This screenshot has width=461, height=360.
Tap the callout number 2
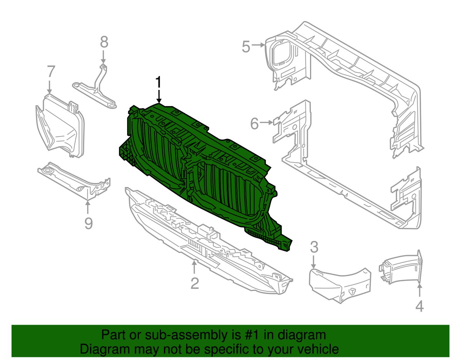[194, 283]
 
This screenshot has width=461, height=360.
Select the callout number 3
[314, 247]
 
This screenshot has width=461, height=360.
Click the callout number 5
[246, 47]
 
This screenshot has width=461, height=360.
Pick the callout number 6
[255, 124]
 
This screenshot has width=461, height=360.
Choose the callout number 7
[51, 71]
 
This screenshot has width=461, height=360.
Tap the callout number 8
[104, 42]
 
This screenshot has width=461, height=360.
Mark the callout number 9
[88, 223]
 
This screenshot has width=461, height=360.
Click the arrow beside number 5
[258, 45]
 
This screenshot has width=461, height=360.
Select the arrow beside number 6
[267, 123]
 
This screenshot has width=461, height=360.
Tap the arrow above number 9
[88, 207]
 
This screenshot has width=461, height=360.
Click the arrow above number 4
[420, 290]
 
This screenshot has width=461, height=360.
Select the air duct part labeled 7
[60, 126]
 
